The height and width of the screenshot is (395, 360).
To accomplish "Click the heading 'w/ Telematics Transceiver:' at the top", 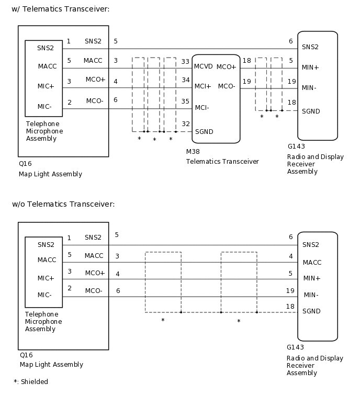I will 61,9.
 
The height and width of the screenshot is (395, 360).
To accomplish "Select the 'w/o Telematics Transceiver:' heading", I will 63,204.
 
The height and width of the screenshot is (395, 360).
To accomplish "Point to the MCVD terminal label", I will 203,67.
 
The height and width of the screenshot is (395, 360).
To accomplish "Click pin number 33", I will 185,62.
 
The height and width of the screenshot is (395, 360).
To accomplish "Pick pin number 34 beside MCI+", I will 185,80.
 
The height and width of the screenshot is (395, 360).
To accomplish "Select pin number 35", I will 185,101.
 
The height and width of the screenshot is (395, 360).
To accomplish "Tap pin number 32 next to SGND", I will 185,124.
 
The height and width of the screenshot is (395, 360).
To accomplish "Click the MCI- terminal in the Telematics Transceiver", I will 202,108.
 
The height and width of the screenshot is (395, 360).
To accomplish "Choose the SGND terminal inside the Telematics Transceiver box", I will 204,132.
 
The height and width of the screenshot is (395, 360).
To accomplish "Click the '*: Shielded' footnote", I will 31,382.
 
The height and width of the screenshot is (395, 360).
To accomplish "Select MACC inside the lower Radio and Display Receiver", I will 312,263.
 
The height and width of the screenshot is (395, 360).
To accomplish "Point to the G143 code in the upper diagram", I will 296,146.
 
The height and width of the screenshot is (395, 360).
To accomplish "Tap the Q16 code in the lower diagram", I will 26,355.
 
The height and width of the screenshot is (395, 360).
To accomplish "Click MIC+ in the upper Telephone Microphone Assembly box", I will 46,86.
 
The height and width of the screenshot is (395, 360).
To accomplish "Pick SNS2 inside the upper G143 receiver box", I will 310,47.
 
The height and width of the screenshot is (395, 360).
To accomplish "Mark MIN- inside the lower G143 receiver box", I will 311,295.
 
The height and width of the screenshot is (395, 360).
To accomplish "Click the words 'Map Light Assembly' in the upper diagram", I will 51,174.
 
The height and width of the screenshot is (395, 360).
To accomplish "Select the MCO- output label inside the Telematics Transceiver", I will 227,86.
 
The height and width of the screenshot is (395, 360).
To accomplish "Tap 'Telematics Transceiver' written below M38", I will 222,162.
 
